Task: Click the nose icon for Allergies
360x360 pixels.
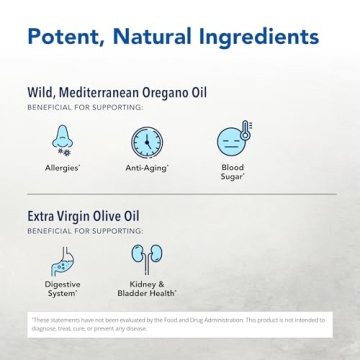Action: (63, 139)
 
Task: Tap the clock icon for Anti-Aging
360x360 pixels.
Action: (147, 142)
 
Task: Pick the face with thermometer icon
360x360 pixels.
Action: (233, 139)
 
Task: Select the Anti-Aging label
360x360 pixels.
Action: (147, 168)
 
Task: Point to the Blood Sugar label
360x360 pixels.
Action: (232, 171)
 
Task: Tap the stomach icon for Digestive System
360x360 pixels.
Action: (63, 261)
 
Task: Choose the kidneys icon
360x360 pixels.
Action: (147, 259)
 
